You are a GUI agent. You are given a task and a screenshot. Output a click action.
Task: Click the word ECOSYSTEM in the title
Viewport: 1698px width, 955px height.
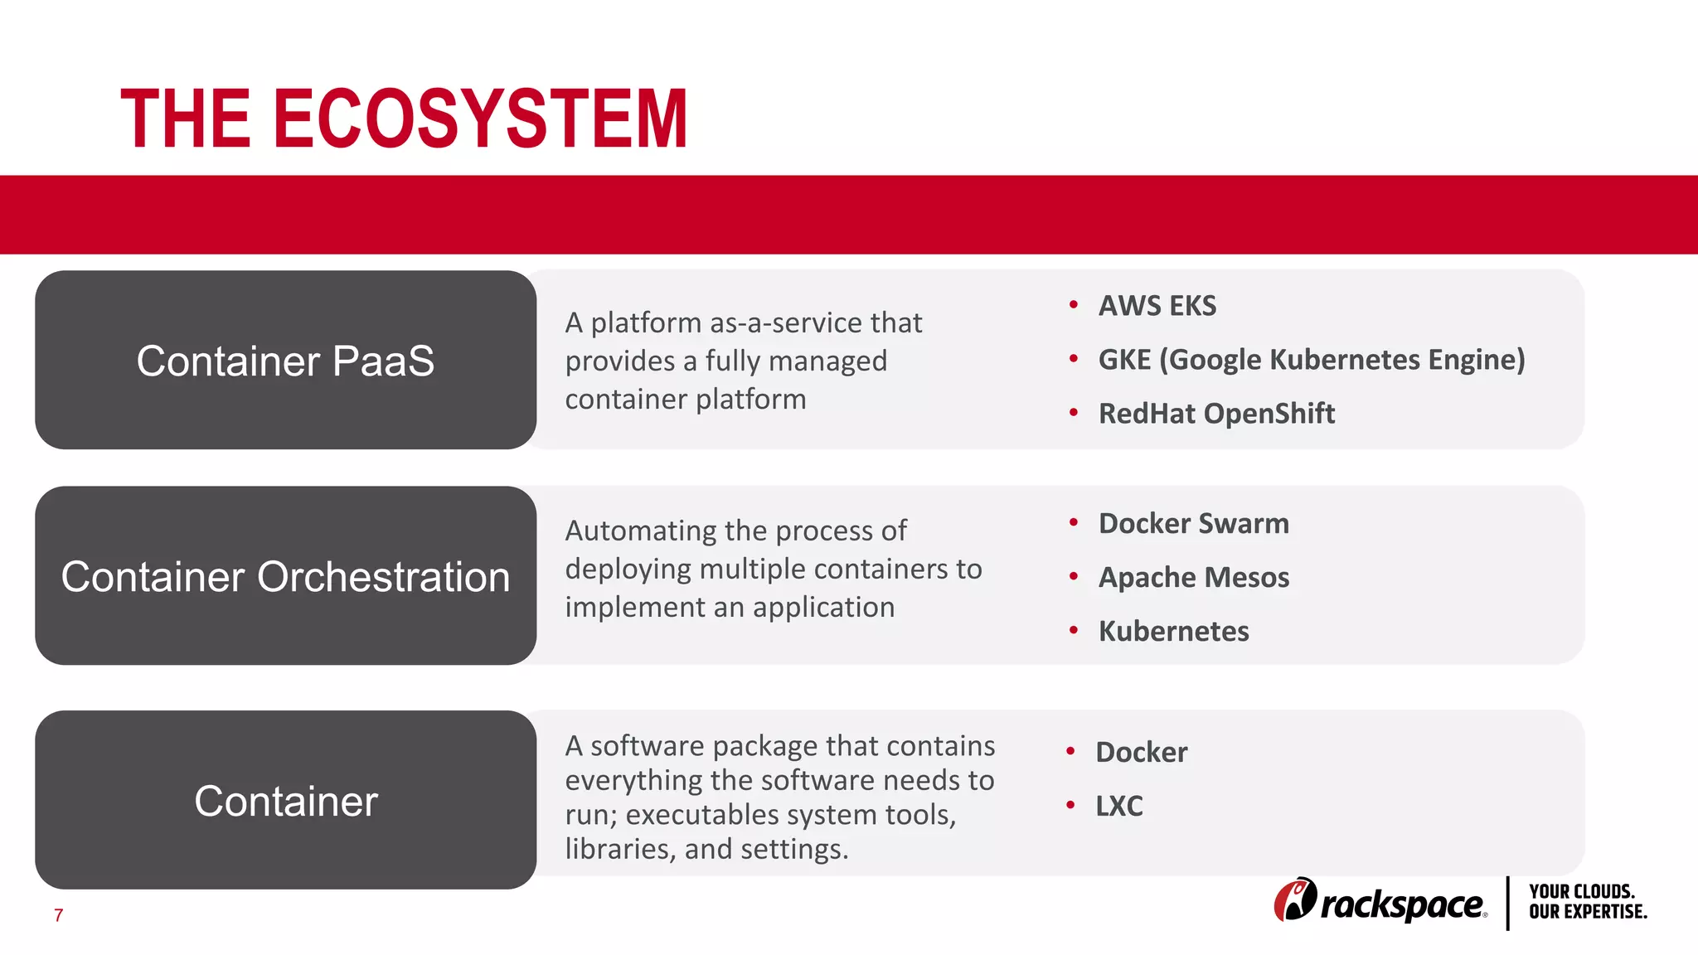[x=480, y=119]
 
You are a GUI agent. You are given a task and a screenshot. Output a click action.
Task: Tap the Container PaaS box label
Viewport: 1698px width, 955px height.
[x=285, y=361]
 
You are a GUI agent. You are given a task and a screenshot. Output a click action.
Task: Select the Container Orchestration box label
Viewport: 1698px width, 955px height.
[x=285, y=577]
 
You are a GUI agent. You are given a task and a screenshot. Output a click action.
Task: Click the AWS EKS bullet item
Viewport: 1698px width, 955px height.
[x=1157, y=306]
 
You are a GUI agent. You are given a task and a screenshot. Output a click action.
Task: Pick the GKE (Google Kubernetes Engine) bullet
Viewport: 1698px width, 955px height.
[x=1312, y=360]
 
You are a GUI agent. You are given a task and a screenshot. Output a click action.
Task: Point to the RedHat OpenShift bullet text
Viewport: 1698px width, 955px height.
[x=1216, y=414]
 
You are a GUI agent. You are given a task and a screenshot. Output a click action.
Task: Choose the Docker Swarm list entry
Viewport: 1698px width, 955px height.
[x=1193, y=524]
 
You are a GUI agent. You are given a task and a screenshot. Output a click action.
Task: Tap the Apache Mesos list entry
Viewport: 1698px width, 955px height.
[x=1193, y=578]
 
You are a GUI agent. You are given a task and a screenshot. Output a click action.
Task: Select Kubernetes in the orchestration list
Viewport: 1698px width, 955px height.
[x=1173, y=632]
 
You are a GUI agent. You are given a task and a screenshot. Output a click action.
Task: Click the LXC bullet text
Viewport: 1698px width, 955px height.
[x=1118, y=806]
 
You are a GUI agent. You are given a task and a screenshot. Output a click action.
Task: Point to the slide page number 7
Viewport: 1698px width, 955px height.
[x=58, y=915]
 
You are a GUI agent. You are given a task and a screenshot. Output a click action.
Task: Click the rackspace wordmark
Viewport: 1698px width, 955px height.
[x=1403, y=904]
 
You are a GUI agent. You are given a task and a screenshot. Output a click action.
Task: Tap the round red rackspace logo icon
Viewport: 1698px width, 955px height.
[x=1294, y=899]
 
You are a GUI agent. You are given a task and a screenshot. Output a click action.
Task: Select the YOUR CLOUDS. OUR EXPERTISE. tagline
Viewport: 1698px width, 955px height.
[x=1587, y=902]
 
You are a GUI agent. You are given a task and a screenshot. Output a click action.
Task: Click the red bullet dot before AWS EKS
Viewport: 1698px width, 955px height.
[x=1074, y=305]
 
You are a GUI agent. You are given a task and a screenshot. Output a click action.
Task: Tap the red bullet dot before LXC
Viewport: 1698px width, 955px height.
[x=1070, y=805]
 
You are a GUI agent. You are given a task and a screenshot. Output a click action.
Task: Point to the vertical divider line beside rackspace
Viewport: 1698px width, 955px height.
[x=1507, y=903]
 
